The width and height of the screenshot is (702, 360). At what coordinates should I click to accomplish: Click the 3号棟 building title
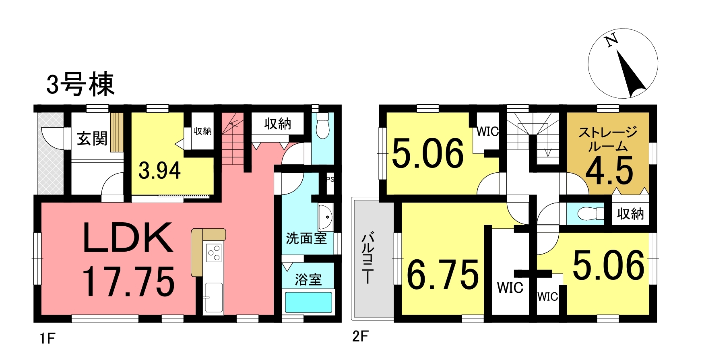pos(81,85)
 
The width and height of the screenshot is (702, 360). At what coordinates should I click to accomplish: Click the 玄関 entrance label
pos(92,139)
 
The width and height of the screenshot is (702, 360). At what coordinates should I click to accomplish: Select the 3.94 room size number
pos(159,170)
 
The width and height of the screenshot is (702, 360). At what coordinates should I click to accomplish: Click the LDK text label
pos(128,238)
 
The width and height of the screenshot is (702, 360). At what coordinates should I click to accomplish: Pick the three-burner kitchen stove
pos(214,252)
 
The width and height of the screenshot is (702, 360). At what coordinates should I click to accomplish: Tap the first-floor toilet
pos(323,126)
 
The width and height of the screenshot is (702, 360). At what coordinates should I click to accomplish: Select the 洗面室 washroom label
pos(306,238)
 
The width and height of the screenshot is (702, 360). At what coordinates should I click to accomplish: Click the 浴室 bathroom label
pos(308,279)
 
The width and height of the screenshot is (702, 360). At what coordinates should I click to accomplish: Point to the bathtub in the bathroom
pos(309,302)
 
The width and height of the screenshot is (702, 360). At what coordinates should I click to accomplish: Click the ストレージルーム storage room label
pos(608,139)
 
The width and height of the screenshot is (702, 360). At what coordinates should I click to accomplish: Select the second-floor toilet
pos(590,214)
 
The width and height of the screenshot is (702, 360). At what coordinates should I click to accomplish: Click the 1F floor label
pos(47,338)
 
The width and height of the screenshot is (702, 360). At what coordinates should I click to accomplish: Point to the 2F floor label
pos(360,336)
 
